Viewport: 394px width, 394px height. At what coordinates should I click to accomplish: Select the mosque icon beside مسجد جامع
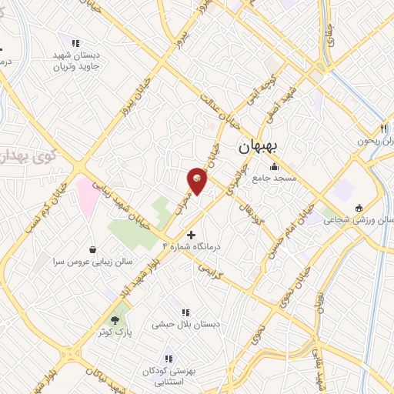[274, 167]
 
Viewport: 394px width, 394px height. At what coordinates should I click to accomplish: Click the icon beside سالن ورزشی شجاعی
[359, 208]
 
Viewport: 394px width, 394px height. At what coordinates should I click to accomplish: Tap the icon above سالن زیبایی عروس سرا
[93, 249]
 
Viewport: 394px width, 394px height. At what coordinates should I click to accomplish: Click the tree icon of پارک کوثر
[115, 319]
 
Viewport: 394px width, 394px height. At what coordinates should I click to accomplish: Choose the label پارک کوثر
[115, 332]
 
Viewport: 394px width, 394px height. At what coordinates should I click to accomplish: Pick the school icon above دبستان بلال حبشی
[185, 312]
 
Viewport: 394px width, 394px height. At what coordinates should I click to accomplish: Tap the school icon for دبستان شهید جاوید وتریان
[75, 43]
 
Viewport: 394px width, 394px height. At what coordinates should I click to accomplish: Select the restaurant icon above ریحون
[382, 129]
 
